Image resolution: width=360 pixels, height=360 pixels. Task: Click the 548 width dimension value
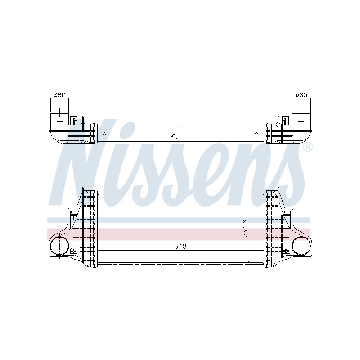(180, 246)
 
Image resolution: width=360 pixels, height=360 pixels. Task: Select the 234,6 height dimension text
(245, 229)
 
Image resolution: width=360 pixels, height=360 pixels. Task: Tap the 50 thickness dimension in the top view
(174, 134)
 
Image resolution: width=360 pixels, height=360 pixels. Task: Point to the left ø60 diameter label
(60, 95)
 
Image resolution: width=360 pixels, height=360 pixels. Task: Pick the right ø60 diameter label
(301, 95)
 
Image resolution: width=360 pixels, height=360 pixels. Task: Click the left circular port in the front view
(59, 246)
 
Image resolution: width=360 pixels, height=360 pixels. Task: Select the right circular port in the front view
(301, 246)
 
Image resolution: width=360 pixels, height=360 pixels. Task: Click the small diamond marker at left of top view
(105, 133)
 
